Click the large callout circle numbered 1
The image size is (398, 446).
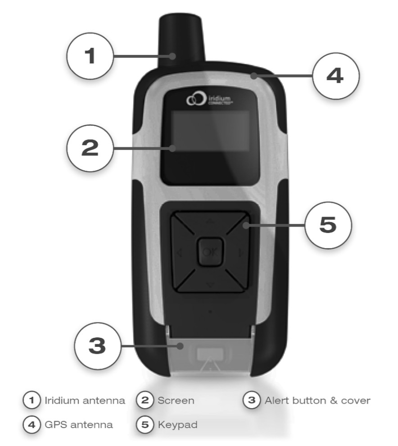point(90,56)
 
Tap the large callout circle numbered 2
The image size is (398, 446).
point(90,148)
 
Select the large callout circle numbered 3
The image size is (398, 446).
point(98,346)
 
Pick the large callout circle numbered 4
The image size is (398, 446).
point(336,76)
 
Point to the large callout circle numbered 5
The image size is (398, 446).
point(328,225)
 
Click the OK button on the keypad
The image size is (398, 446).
point(210,252)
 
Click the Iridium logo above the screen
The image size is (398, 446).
point(209,99)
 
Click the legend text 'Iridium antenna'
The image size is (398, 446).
point(85,400)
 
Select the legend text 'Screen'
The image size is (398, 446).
point(176,400)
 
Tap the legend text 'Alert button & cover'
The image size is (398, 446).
point(317,400)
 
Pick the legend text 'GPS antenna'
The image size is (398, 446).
point(79,425)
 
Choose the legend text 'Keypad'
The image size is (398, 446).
point(177,425)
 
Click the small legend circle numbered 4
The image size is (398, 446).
point(32,425)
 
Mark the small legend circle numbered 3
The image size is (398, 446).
point(252,400)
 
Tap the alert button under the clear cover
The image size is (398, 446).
point(210,355)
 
